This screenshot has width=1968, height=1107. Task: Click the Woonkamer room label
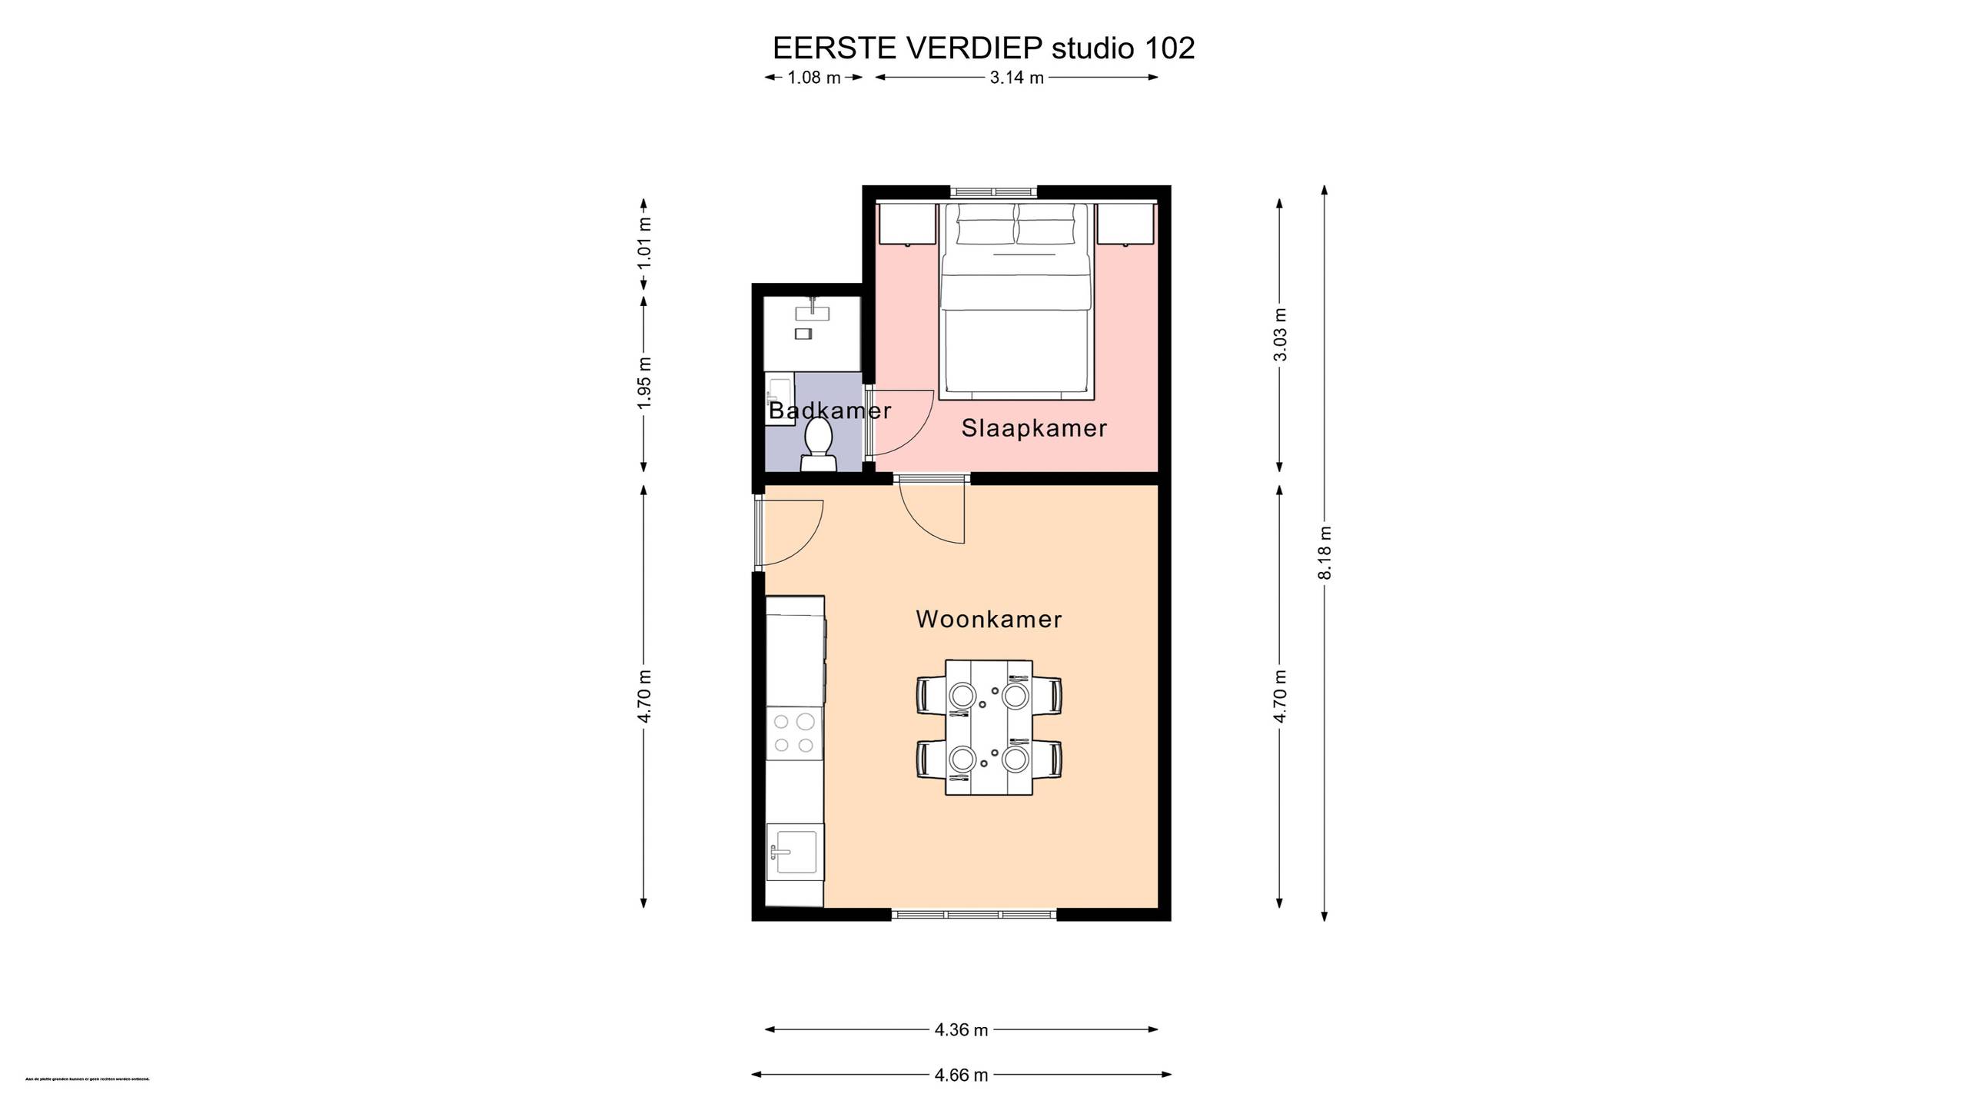pyautogui.click(x=989, y=620)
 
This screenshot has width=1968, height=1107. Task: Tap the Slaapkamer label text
pyautogui.click(x=1034, y=428)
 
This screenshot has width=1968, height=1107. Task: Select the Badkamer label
pyautogui.click(x=829, y=411)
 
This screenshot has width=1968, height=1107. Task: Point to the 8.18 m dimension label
pyautogui.click(x=1324, y=553)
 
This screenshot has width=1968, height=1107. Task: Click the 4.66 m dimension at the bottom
pyautogui.click(x=961, y=1074)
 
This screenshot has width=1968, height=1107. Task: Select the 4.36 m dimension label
pyautogui.click(x=961, y=1029)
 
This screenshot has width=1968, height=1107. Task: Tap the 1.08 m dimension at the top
pyautogui.click(x=814, y=78)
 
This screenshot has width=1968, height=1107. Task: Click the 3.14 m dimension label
pyautogui.click(x=1016, y=78)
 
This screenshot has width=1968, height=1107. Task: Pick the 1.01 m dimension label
pyautogui.click(x=644, y=243)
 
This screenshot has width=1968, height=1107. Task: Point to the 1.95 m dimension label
pyautogui.click(x=644, y=382)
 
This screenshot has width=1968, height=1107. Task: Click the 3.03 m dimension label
pyautogui.click(x=1280, y=334)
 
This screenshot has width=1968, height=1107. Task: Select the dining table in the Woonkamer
pyautogui.click(x=989, y=726)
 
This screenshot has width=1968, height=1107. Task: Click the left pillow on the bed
pyautogui.click(x=986, y=228)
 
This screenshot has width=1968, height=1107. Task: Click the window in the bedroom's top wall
pyautogui.click(x=993, y=191)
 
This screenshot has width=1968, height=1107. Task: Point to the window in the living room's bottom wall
pyautogui.click(x=974, y=914)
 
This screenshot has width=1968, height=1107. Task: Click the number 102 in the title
pyautogui.click(x=1169, y=48)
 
